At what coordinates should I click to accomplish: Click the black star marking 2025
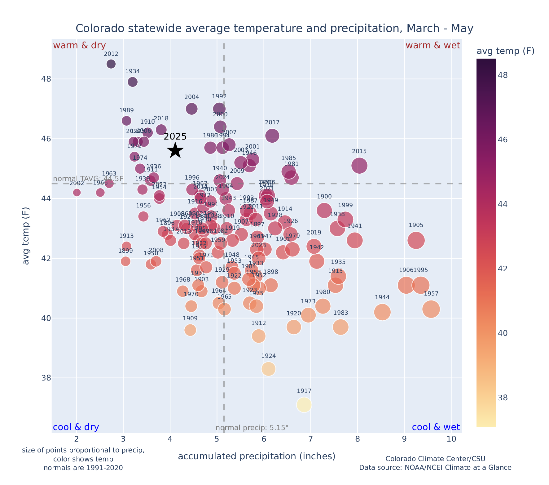175,150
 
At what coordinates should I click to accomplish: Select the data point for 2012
111,64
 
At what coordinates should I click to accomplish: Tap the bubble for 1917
304,405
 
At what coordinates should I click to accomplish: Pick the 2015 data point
359,165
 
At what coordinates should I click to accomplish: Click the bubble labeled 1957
431,309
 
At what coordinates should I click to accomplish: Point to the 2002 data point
77,193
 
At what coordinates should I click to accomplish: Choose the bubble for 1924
269,369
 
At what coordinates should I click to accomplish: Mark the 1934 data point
133,82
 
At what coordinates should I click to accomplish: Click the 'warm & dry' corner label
79,46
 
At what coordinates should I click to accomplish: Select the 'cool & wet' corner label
436,427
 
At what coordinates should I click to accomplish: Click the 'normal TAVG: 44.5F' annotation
88,179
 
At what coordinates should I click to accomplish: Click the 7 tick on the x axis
311,439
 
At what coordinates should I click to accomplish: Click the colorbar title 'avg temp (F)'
505,51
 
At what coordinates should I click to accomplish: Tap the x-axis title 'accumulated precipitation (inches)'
257,456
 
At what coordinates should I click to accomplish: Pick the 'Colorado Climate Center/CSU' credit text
435,459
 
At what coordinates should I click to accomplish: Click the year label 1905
416,225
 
